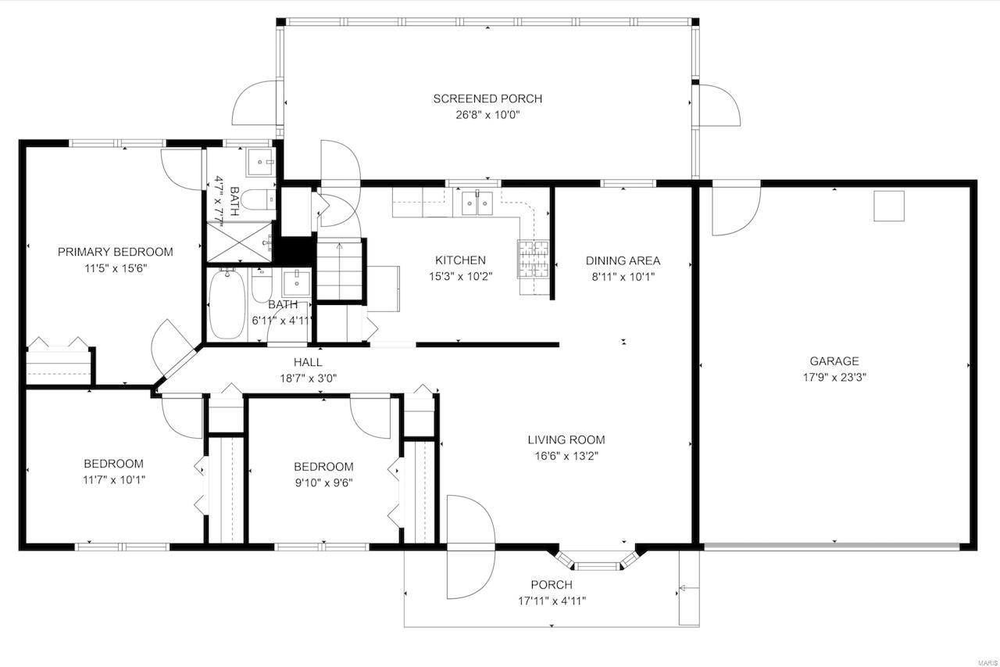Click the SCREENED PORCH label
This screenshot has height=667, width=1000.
[487, 99]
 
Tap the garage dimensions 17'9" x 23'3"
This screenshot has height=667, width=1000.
[834, 376]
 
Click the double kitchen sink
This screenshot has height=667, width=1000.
[477, 203]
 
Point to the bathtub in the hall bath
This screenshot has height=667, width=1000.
[227, 304]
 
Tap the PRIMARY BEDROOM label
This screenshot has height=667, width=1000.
[115, 252]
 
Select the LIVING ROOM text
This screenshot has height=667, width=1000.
[566, 439]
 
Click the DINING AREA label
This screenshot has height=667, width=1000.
[623, 260]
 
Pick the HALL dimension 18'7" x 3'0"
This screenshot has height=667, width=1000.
[308, 377]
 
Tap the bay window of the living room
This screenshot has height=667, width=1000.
[598, 562]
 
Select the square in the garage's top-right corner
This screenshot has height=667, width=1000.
[888, 206]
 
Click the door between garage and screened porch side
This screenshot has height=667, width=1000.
[735, 209]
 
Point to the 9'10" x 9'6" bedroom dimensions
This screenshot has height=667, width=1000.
[323, 482]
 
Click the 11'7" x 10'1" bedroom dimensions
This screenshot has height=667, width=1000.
[113, 479]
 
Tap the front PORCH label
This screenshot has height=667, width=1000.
[552, 585]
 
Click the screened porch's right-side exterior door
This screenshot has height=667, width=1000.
[718, 104]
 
